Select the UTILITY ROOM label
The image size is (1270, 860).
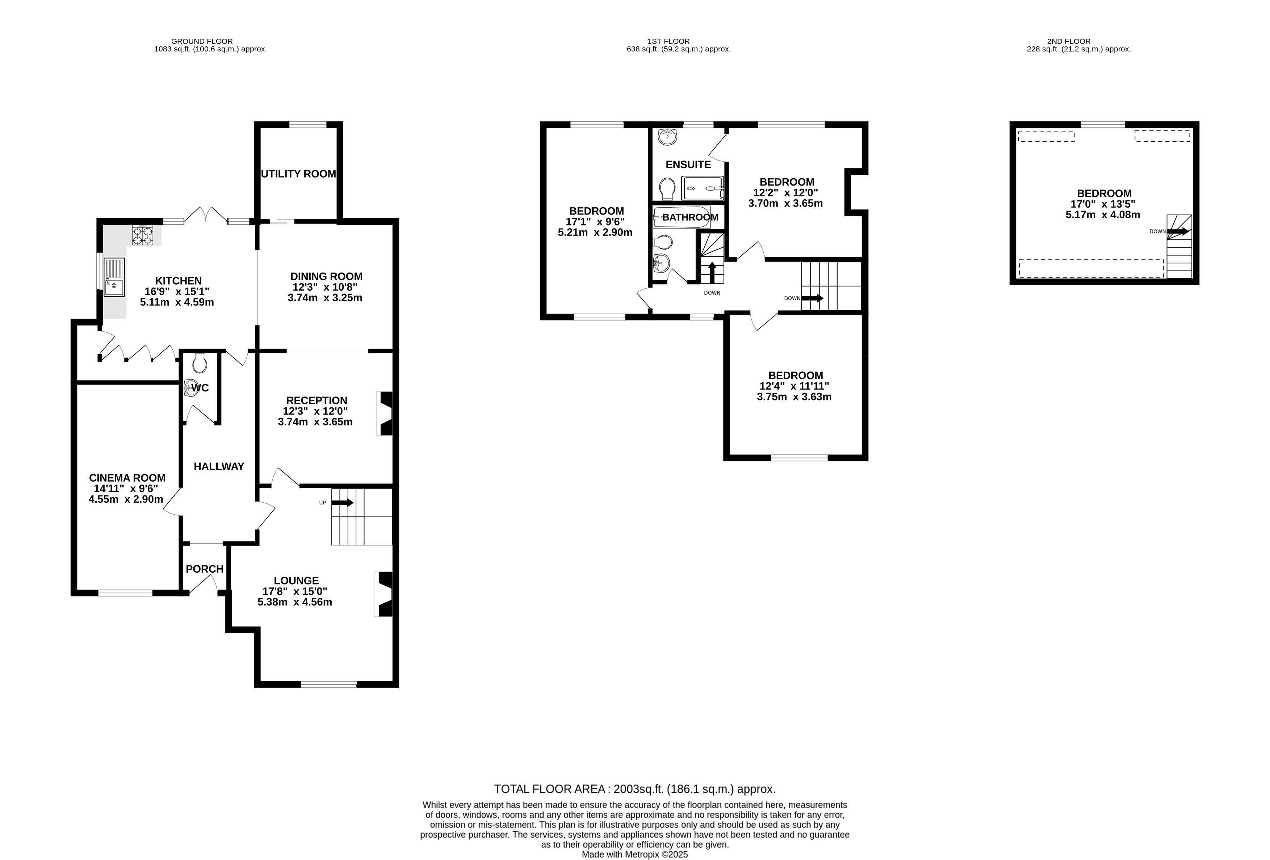point(298,174)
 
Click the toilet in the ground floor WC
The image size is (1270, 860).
point(200,363)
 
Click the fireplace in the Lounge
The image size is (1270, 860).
point(384,594)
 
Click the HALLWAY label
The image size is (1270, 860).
point(219,466)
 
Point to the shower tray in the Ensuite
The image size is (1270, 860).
point(703,188)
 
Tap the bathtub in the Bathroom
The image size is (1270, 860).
point(682,217)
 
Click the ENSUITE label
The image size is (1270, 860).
point(688,165)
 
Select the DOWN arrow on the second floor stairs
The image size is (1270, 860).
point(1178,231)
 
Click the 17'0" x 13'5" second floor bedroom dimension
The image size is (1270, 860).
point(1104,204)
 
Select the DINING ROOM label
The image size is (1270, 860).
point(326,277)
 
